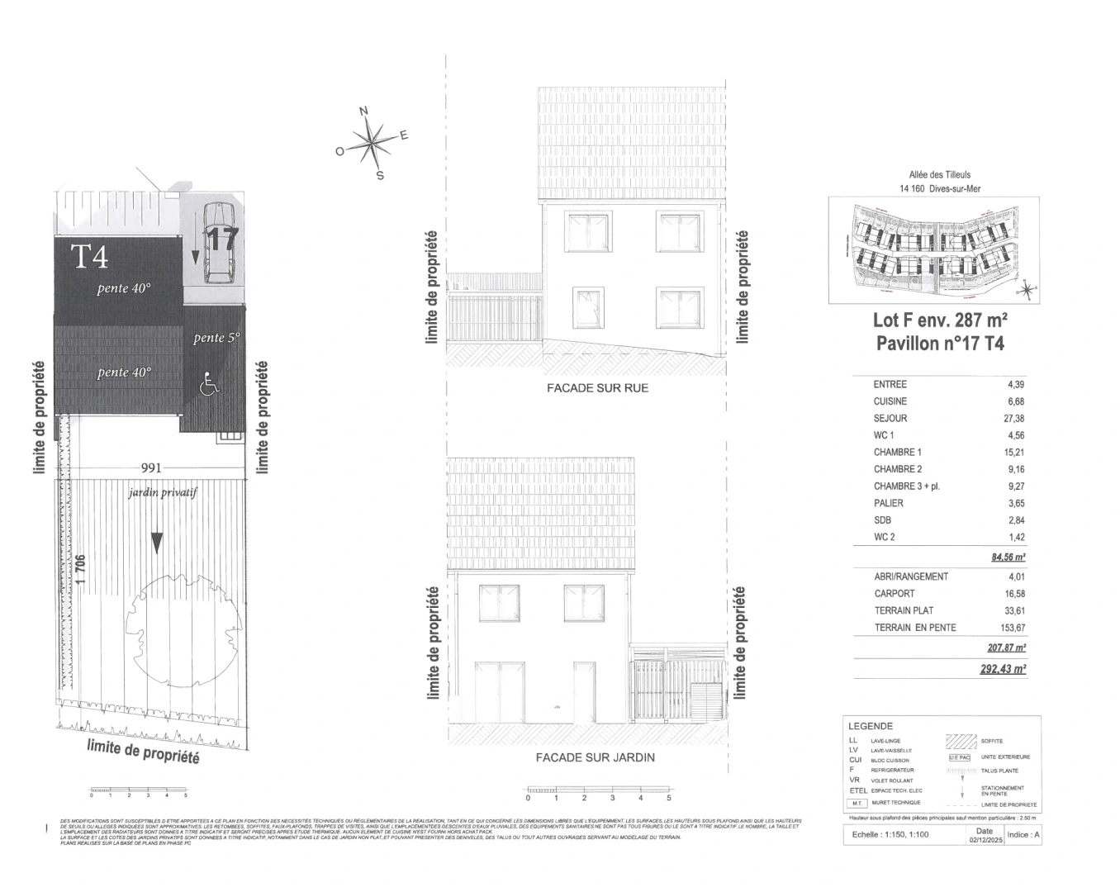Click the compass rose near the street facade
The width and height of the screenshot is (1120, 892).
coord(373,144)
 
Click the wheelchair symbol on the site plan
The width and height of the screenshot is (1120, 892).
coord(210,383)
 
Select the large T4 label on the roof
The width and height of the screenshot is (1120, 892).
coord(89,257)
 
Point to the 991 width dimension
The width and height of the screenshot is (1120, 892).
coord(151,467)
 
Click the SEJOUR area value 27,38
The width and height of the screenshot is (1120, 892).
coord(1013,419)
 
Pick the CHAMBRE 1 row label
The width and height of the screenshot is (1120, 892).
coord(897,453)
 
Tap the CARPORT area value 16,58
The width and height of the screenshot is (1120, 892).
coord(1013,594)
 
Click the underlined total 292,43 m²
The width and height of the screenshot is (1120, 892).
coord(1003,670)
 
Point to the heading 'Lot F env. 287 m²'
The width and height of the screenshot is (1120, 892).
coord(940,320)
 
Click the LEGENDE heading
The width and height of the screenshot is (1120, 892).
coord(870,726)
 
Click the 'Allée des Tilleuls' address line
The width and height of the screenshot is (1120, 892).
coord(939,175)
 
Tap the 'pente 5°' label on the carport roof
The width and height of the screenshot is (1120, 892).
coord(216,338)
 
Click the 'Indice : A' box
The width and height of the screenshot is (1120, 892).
coord(1023,835)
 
